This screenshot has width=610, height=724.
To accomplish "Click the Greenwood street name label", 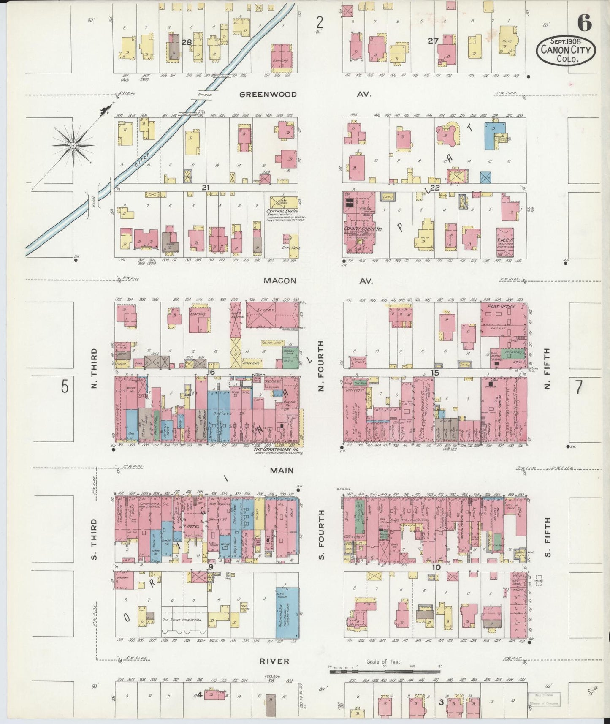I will coord(268,95).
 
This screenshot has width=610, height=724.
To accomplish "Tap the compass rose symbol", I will coord(73,145).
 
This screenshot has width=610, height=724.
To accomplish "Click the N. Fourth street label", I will coord(321,366).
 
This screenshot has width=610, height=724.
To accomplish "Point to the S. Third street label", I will coord(94,539).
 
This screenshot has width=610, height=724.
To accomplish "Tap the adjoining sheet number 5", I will coord(64,386).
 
